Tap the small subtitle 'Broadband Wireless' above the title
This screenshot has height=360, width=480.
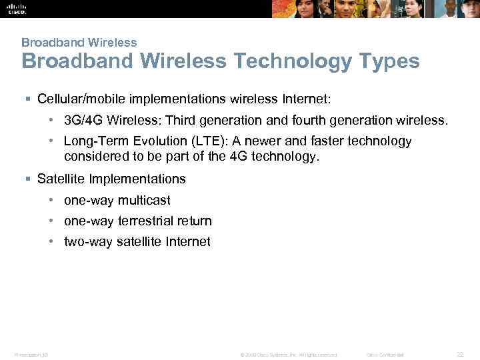coord(79,42)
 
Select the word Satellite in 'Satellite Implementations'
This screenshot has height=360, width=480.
coord(61,179)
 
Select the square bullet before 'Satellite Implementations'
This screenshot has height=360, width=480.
coord(27,179)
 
